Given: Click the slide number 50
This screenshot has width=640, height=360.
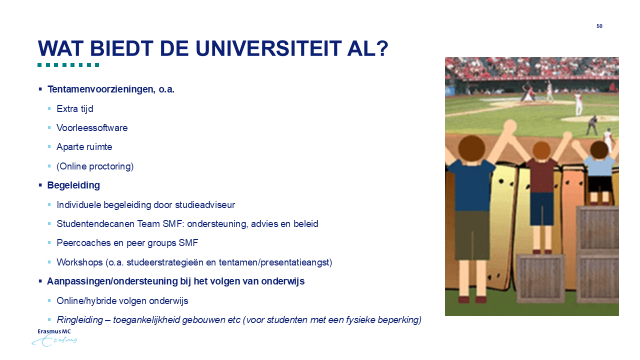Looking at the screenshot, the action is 599,26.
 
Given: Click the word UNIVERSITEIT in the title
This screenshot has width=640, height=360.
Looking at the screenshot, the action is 268,48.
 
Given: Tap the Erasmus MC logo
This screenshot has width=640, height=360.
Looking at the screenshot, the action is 54,337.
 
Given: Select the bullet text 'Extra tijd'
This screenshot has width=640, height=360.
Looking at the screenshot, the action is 75,109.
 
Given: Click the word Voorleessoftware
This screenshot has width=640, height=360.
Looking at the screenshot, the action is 92,127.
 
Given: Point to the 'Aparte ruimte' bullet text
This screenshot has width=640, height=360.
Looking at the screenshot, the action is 84,147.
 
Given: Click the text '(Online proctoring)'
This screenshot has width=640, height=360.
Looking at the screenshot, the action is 95,166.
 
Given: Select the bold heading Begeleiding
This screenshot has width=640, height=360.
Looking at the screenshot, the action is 73,185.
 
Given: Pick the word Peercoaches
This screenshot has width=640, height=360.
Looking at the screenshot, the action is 83,243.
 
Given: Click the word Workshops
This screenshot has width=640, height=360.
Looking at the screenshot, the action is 79,262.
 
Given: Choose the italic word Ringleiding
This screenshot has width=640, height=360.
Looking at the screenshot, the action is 79,319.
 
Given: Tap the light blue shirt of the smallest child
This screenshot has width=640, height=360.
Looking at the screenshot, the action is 599,167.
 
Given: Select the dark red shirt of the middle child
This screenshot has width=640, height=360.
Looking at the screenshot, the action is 541,175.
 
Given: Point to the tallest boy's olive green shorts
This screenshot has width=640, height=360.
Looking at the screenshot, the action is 471,235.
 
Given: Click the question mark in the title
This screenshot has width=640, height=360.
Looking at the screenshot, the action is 381,48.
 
